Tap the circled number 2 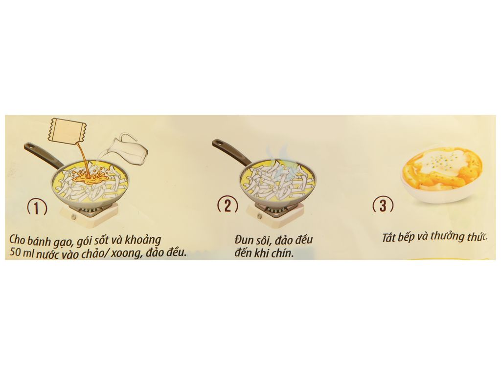[228, 206]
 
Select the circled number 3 [383, 205]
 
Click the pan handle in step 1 [41, 156]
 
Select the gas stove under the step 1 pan [90, 214]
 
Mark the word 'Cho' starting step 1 [17, 239]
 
